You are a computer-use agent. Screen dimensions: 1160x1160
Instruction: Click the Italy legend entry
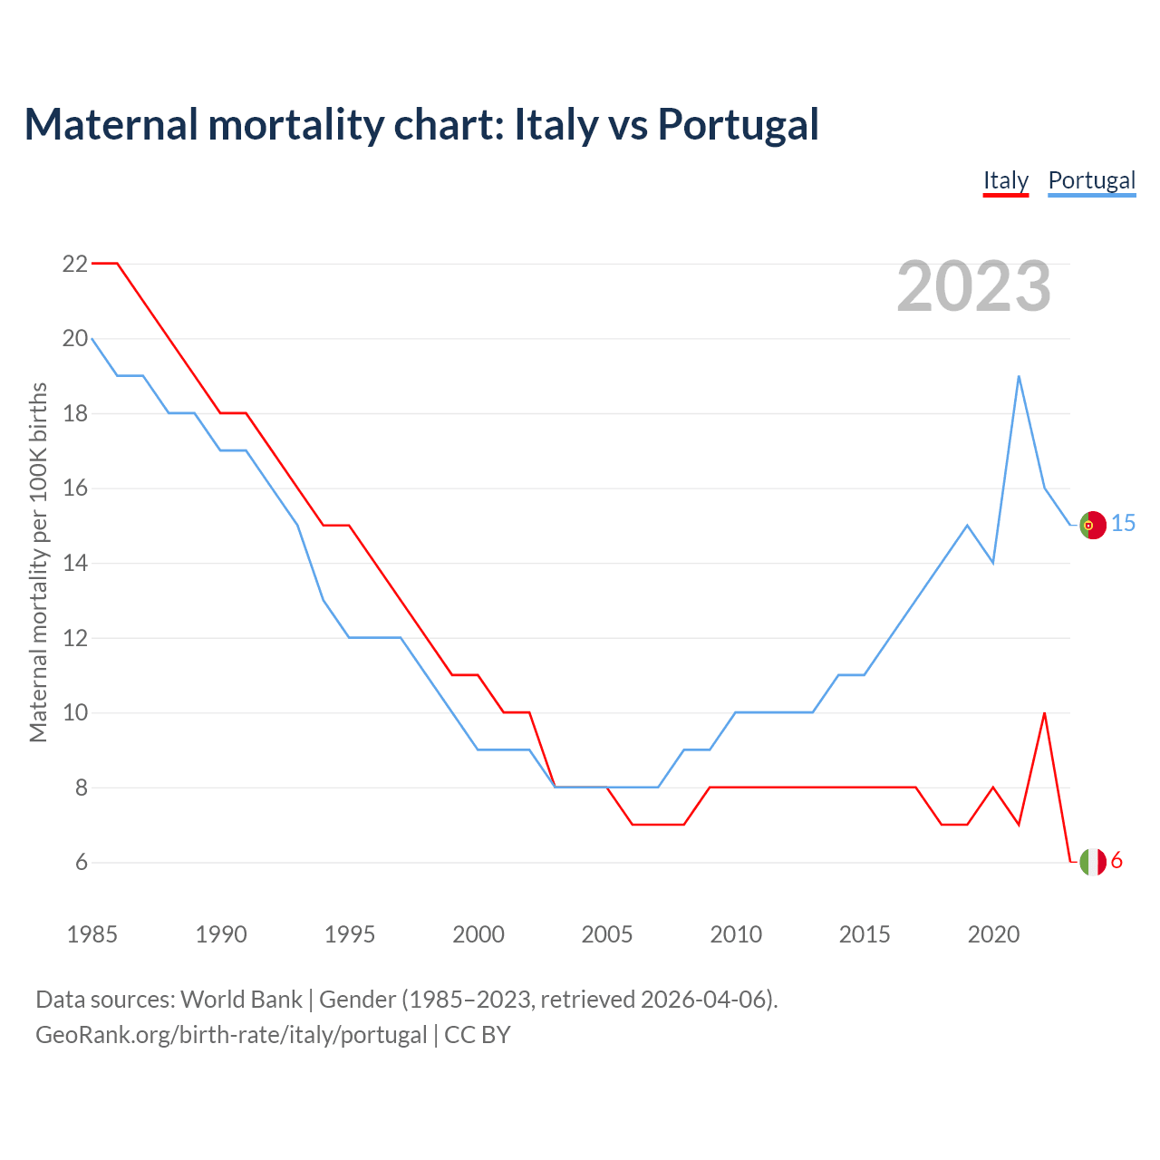point(1006,181)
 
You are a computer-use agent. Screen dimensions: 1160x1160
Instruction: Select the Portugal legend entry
point(1091,181)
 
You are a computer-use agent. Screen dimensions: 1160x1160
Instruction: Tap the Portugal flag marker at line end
point(1093,526)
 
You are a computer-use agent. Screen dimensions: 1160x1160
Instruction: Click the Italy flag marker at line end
point(1093,862)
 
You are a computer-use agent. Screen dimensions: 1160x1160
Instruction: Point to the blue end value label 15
point(1124,524)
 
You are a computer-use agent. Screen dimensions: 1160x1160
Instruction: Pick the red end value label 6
point(1116,861)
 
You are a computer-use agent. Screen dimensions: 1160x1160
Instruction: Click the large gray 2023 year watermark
point(973,286)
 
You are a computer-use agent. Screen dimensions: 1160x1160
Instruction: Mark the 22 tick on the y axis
point(75,265)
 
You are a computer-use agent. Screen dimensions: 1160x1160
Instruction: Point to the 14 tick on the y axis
point(75,564)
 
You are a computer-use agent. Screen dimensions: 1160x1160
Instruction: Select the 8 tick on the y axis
point(82,788)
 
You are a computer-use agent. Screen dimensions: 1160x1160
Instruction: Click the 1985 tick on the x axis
point(92,934)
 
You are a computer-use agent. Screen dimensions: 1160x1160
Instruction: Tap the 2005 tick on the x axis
point(607,934)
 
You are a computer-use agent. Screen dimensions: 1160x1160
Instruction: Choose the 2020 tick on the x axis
point(993,934)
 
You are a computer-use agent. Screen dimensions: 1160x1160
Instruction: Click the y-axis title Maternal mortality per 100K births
point(38,562)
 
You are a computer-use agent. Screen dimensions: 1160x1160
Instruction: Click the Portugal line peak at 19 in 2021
point(1019,376)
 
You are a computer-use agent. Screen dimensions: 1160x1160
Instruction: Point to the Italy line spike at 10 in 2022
point(1045,713)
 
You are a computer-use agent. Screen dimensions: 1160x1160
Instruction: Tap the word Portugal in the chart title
point(739,125)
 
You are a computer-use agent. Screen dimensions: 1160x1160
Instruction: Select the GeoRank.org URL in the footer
point(231,1035)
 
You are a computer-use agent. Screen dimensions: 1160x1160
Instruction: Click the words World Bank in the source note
point(241,1000)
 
